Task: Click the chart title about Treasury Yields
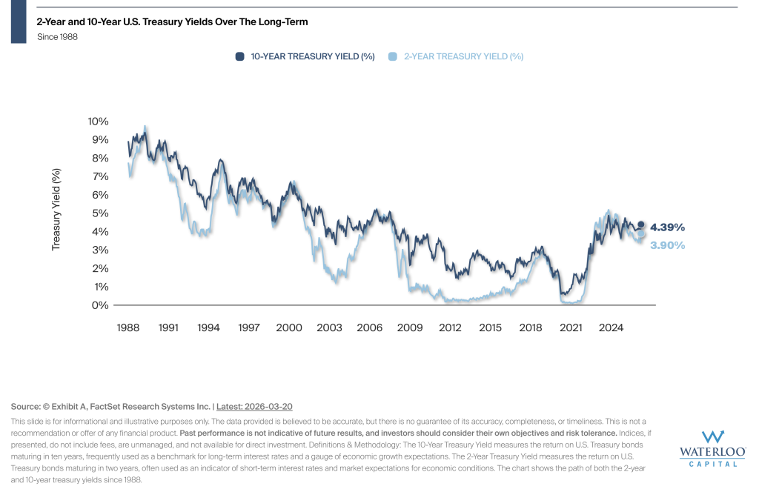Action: (172, 22)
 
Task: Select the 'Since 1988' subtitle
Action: (57, 37)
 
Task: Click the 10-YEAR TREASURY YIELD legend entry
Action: (305, 56)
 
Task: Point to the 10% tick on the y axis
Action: (98, 122)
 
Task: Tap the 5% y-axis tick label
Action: (100, 213)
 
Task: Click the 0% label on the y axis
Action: (100, 305)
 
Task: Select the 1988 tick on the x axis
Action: (129, 328)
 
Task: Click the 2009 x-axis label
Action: (410, 328)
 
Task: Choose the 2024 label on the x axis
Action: (611, 328)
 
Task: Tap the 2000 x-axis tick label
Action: (289, 328)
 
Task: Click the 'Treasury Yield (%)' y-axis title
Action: (56, 210)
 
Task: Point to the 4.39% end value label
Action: (667, 227)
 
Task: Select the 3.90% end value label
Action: (667, 245)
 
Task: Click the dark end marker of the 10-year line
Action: (641, 225)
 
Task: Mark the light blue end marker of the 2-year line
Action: (641, 234)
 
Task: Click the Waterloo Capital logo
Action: (712, 448)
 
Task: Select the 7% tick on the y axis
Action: (100, 176)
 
